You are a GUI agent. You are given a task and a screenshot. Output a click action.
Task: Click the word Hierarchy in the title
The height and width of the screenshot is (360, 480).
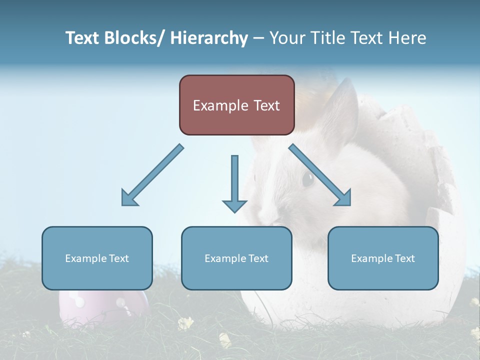click(x=209, y=38)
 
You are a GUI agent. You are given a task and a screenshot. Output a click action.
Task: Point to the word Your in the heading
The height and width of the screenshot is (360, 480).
click(x=286, y=38)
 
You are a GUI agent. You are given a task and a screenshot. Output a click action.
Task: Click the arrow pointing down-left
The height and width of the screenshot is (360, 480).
click(x=151, y=175)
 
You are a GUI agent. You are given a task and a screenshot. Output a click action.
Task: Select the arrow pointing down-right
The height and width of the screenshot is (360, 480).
click(x=321, y=175)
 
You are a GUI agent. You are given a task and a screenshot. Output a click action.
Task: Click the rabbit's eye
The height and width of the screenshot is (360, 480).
click(x=307, y=178)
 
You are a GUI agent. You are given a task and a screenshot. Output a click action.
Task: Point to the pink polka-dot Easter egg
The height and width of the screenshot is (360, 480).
click(x=102, y=305)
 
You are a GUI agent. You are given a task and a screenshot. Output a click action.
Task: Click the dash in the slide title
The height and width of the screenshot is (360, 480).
click(x=258, y=38)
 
